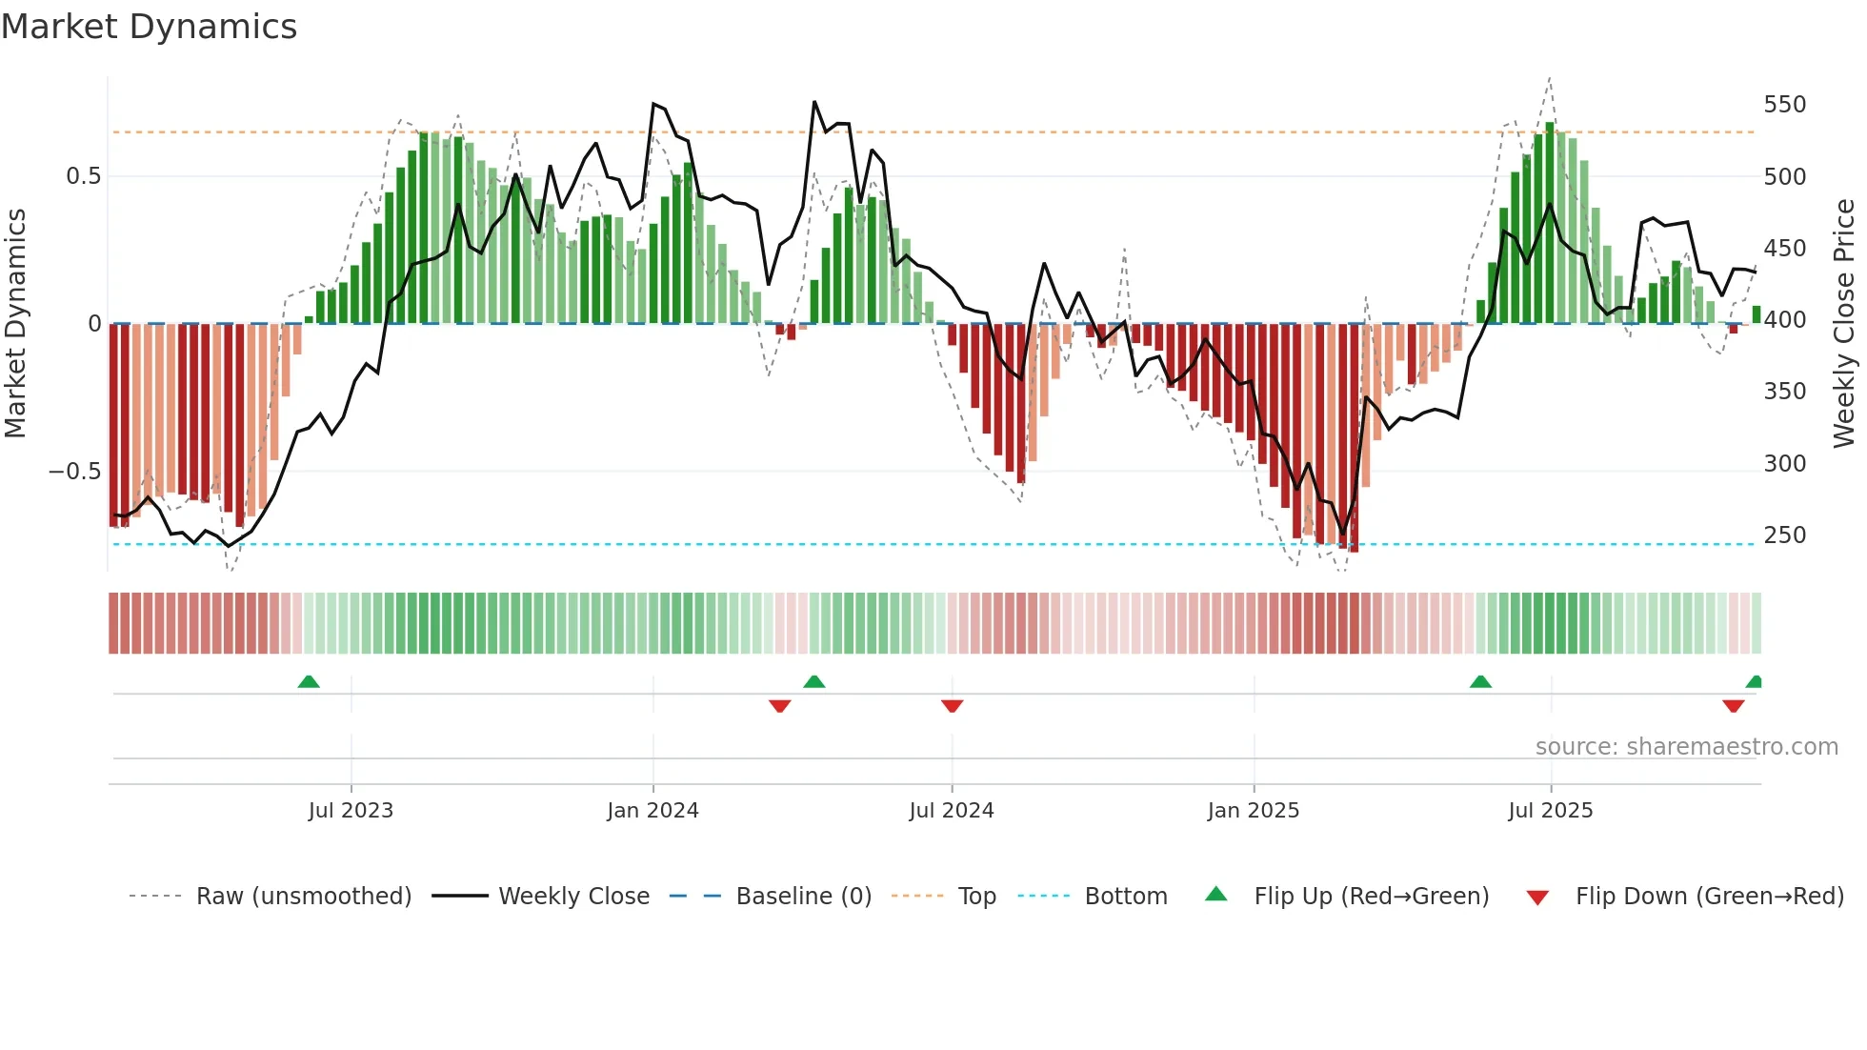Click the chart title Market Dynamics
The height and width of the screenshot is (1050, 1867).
150,27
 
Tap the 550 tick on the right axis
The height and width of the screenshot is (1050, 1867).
1784,105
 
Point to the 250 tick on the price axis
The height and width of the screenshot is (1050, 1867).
1784,535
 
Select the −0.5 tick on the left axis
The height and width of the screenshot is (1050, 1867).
74,472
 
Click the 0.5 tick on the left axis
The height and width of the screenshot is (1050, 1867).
83,176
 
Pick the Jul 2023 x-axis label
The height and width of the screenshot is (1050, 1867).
351,811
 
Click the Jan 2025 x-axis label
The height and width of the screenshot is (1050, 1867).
1253,811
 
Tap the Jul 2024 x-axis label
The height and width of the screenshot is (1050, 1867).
951,811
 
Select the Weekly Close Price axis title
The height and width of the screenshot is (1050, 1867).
1844,324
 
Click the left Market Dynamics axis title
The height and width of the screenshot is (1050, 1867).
16,324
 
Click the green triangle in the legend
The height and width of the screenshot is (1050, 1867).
1216,895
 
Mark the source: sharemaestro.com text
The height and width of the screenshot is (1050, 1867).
1686,747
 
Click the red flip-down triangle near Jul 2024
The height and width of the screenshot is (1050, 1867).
952,706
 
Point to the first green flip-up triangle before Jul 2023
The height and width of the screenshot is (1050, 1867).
309,682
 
